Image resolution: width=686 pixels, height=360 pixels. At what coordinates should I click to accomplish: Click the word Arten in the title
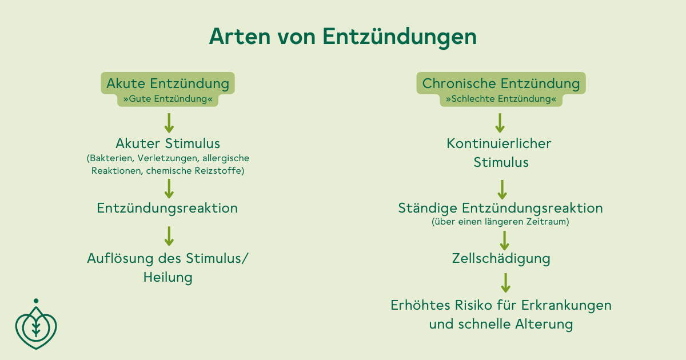click(x=240, y=37)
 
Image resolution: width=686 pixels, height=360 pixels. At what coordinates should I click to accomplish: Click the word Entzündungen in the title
click(x=400, y=38)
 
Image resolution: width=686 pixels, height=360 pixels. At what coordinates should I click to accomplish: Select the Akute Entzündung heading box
click(x=168, y=83)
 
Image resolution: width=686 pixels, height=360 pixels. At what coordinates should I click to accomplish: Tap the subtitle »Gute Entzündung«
click(x=168, y=99)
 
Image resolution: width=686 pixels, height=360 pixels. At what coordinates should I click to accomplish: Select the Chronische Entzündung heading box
click(x=501, y=83)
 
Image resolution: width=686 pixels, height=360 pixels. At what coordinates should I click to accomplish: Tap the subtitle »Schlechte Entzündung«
click(x=501, y=99)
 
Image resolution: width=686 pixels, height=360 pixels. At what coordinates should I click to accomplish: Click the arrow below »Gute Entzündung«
click(x=169, y=123)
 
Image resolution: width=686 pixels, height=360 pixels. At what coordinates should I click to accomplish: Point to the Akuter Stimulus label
click(x=168, y=143)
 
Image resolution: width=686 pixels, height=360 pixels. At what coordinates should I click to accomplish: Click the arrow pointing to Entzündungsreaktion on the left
click(x=169, y=189)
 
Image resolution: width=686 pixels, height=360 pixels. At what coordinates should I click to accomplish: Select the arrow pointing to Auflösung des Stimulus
click(x=169, y=236)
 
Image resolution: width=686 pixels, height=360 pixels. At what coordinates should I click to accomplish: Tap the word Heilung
click(x=168, y=278)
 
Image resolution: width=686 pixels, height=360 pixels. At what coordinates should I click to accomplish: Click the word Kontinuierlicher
click(x=499, y=143)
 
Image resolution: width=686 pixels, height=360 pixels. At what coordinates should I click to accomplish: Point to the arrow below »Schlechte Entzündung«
click(x=500, y=123)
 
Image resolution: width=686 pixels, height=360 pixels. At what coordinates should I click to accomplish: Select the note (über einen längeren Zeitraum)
click(x=500, y=222)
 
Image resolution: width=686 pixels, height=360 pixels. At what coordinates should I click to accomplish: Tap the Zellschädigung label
click(x=501, y=259)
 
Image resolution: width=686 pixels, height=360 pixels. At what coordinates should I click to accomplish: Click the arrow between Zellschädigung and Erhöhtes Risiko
click(x=505, y=283)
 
